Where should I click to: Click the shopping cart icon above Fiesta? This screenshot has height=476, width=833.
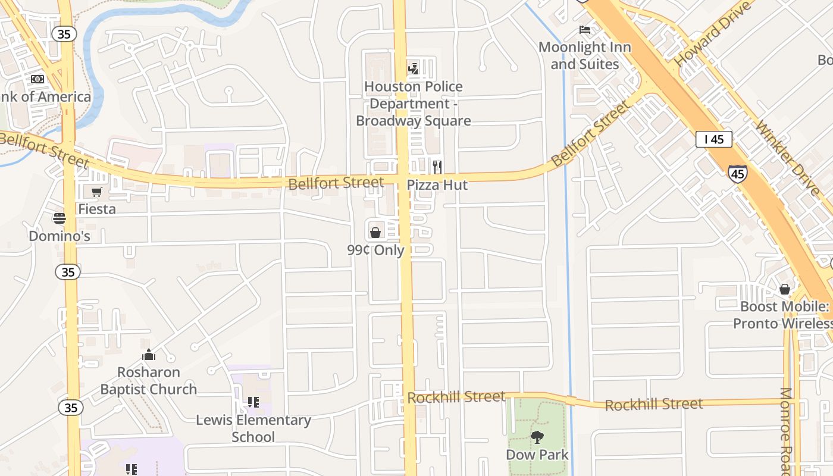96,192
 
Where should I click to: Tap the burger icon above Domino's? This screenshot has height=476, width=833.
59,218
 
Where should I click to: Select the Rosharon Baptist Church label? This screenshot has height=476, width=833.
148,381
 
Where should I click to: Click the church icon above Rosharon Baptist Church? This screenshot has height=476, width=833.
149,355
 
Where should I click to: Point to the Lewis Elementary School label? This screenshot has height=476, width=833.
253,428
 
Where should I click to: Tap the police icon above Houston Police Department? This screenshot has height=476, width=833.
413,68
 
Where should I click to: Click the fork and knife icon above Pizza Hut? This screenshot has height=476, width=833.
437,167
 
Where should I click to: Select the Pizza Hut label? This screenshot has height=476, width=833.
437,185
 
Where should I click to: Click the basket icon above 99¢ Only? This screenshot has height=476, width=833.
375,232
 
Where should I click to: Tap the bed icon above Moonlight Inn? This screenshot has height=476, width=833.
585,30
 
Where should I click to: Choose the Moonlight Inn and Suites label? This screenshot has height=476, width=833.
585,55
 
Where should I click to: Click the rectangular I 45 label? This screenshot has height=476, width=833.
713,139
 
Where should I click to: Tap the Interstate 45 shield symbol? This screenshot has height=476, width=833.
737,174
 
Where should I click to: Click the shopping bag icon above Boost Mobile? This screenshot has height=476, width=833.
785,290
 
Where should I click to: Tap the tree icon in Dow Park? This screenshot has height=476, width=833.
537,438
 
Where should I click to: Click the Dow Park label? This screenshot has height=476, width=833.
537,455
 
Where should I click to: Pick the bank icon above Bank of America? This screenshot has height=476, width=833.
37,79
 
